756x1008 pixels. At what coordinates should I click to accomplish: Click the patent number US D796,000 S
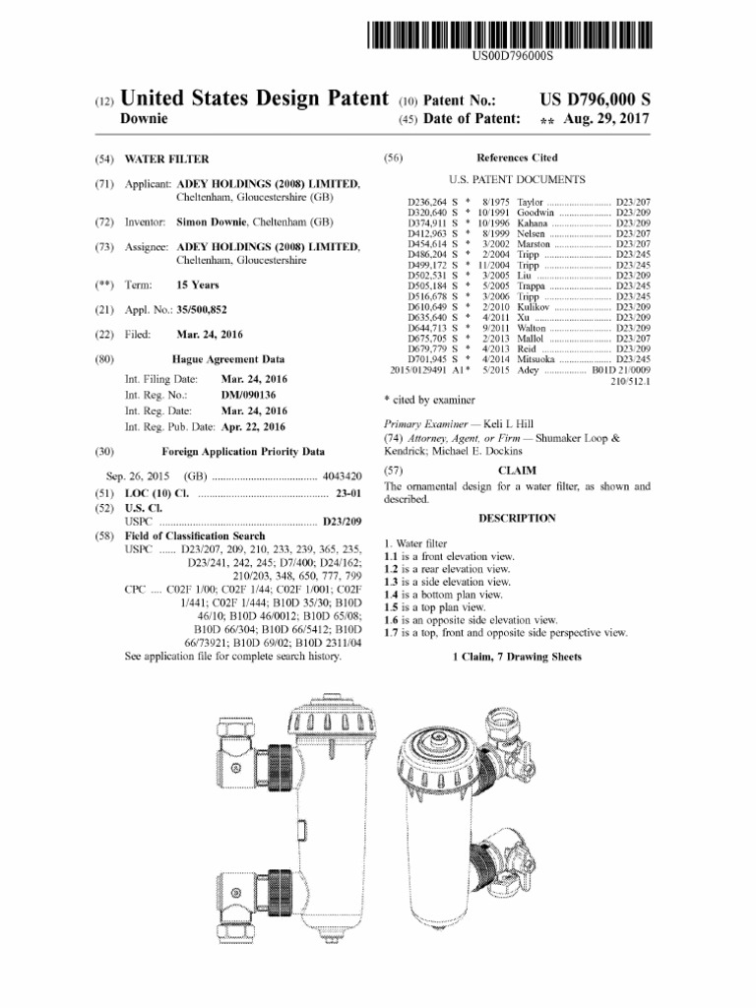595,99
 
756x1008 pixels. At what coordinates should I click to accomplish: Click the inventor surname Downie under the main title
144,119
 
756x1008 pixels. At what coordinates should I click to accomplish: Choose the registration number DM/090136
246,395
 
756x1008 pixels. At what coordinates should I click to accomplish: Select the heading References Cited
516,157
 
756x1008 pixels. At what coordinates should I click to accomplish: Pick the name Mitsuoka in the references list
538,359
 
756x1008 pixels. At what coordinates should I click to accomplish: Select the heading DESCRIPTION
516,518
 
